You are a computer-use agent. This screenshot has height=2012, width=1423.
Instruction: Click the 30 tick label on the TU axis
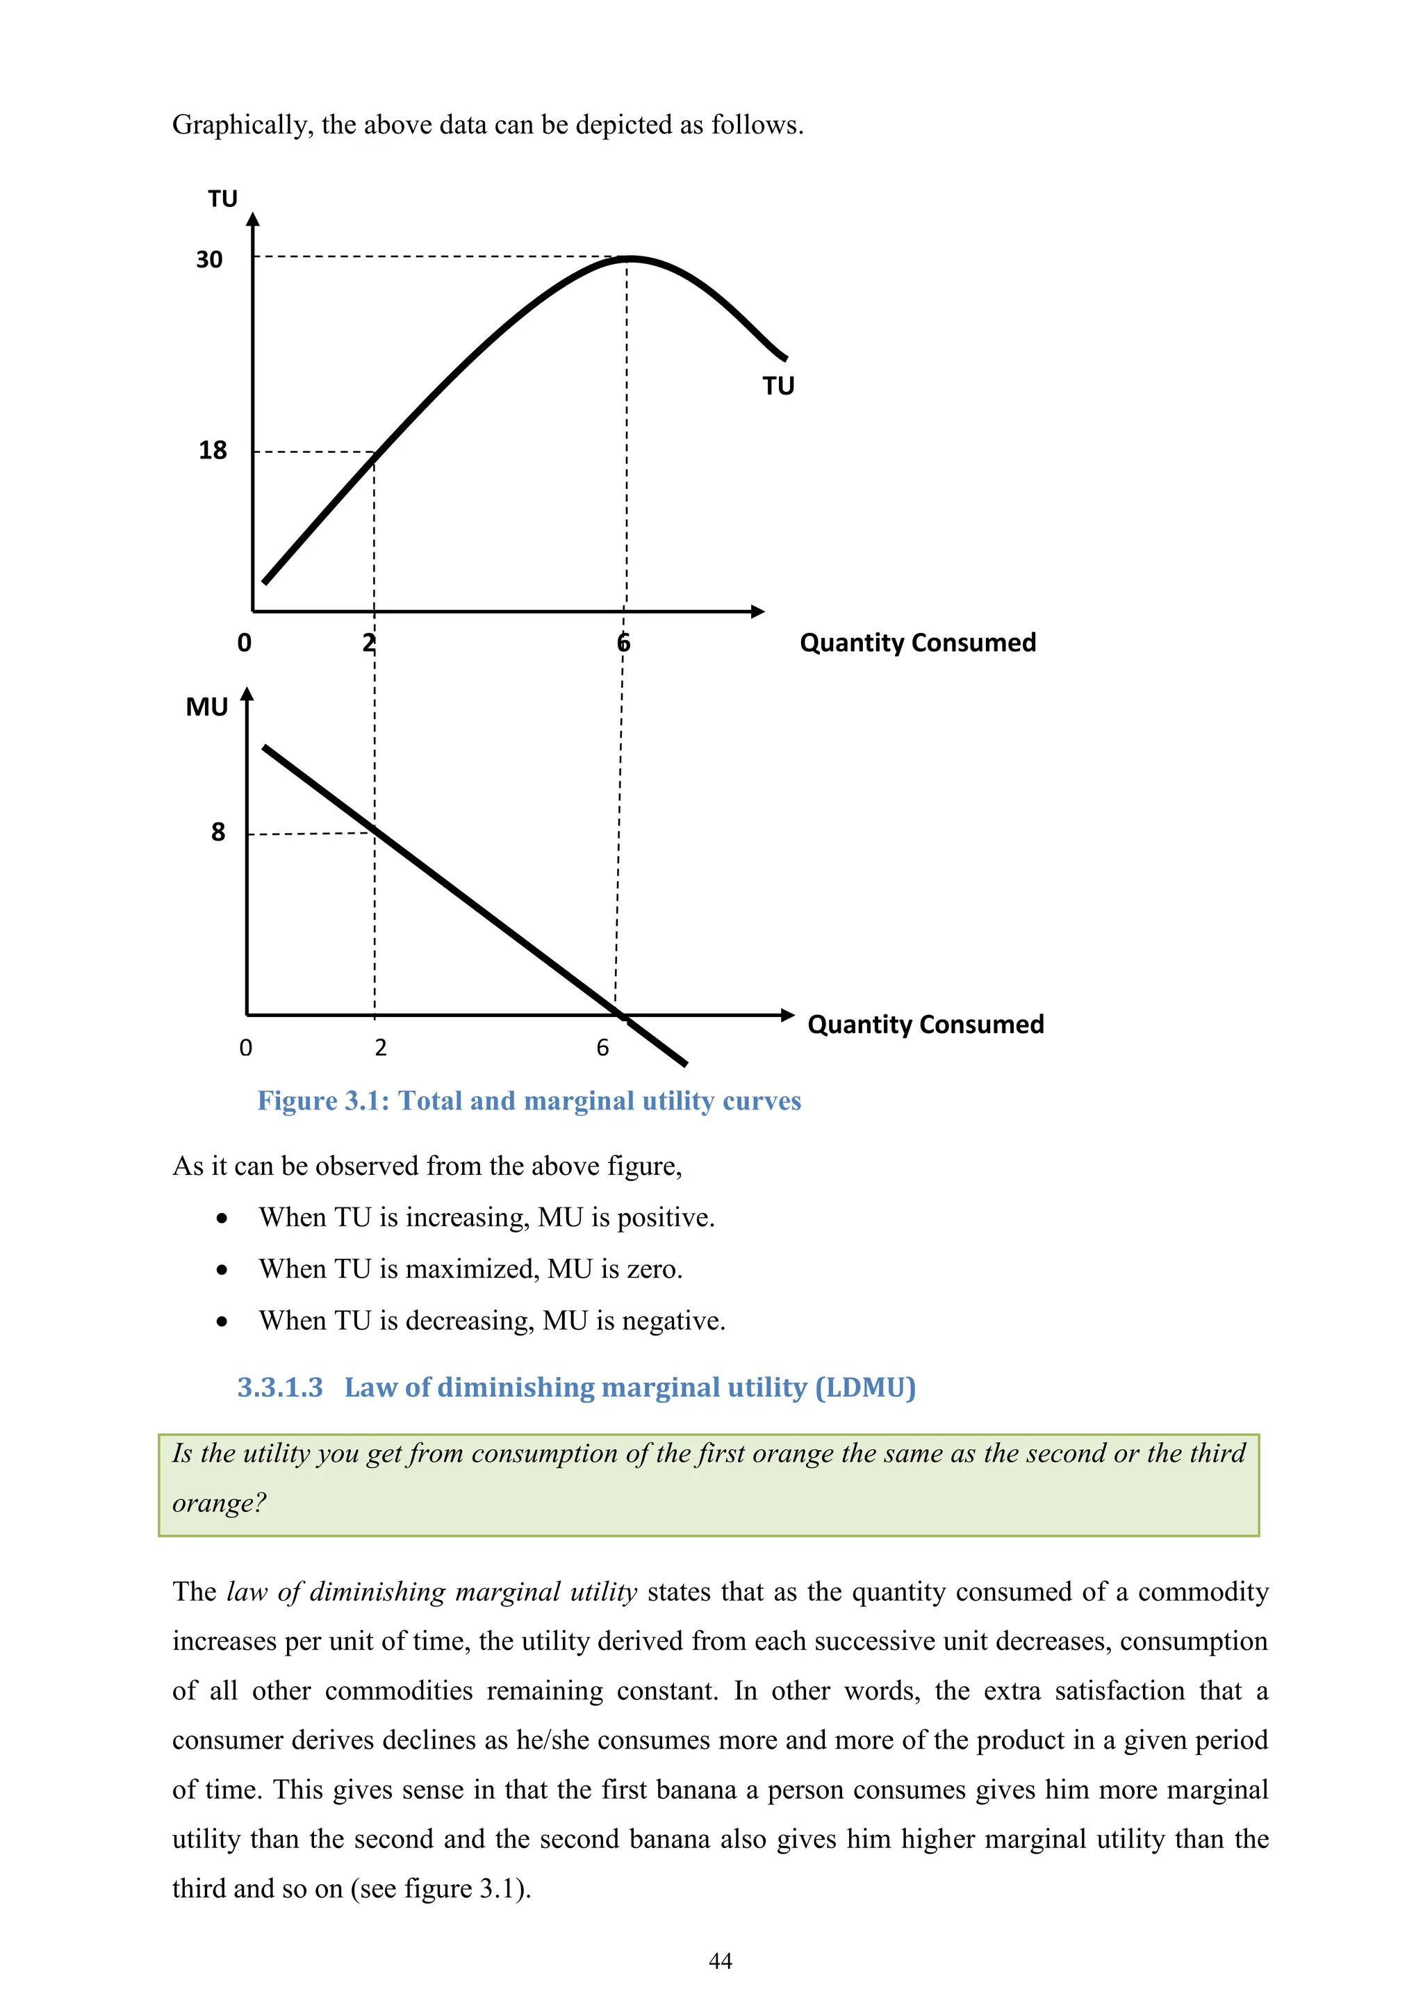coord(208,259)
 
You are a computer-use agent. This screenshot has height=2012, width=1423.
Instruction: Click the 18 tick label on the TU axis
coord(212,450)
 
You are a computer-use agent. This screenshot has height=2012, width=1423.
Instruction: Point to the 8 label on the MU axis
coord(218,832)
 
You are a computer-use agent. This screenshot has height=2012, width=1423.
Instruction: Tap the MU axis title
coord(207,707)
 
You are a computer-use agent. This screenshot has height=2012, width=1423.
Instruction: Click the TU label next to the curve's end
coord(778,386)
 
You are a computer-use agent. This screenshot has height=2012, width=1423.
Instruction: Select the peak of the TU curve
coord(629,258)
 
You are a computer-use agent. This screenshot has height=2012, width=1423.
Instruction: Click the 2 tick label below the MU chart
coord(380,1047)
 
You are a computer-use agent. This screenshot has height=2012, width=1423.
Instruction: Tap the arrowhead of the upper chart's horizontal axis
coord(758,611)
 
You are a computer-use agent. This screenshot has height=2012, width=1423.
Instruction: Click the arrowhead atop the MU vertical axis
coord(247,694)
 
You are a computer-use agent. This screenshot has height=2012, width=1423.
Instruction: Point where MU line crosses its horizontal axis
coord(622,1016)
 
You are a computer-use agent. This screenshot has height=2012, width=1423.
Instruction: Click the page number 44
coord(719,1961)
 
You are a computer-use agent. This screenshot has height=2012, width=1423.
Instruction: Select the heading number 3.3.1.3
coord(279,1387)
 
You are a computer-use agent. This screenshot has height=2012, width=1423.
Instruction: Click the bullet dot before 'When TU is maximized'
coord(222,1270)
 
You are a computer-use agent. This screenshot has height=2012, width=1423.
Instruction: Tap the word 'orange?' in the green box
coord(218,1503)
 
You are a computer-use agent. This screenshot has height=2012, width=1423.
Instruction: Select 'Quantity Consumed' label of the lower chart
coord(926,1024)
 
